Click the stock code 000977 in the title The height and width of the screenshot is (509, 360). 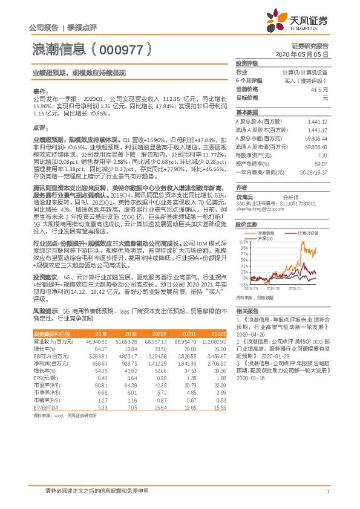click(x=122, y=51)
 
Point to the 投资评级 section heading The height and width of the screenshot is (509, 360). click(x=247, y=63)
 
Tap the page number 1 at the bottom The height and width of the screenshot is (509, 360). click(x=327, y=491)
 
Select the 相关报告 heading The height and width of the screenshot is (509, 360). click(x=247, y=310)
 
